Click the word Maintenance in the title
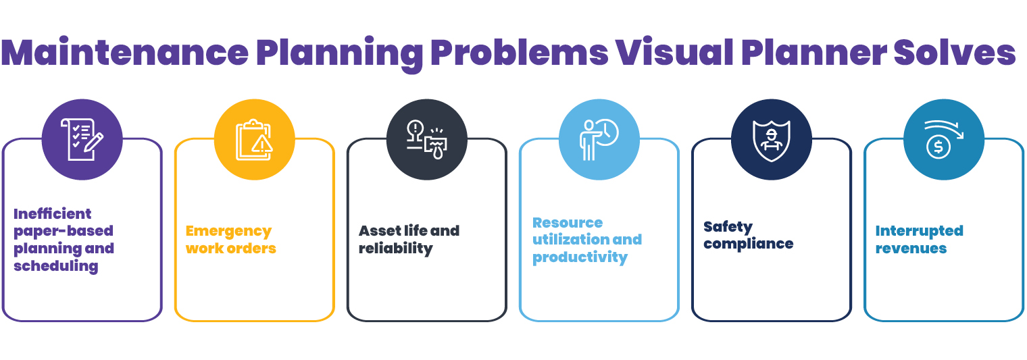(x=125, y=52)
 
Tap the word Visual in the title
(x=675, y=52)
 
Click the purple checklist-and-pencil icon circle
(x=82, y=139)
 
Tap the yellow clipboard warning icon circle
(x=255, y=139)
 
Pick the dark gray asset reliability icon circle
(x=427, y=139)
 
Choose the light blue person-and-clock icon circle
(x=599, y=139)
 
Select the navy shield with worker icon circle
(x=772, y=139)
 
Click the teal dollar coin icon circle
(x=944, y=139)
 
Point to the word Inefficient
(x=52, y=213)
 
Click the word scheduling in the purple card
(x=56, y=266)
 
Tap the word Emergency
(x=229, y=232)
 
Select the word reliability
(x=396, y=249)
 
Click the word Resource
(x=568, y=223)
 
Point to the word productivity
(x=580, y=257)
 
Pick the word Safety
(x=728, y=227)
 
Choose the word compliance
(x=748, y=244)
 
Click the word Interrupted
(x=920, y=231)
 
